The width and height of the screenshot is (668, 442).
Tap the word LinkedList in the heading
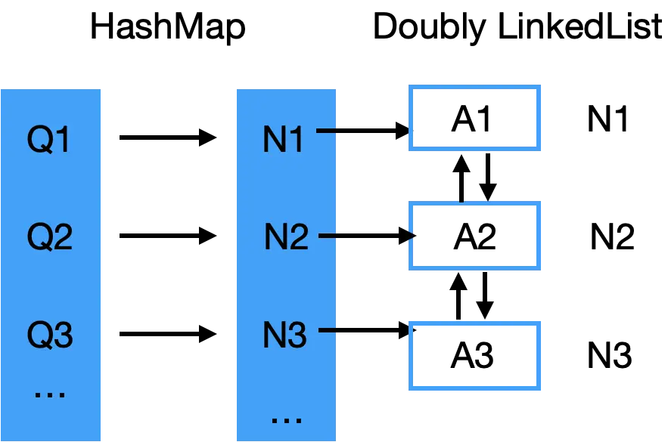(579, 26)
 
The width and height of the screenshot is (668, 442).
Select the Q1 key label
(48, 139)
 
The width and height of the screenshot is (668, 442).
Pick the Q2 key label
(50, 236)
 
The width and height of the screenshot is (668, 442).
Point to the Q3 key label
(50, 335)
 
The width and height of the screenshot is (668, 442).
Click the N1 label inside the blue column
(283, 139)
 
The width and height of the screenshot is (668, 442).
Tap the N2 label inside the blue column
(286, 236)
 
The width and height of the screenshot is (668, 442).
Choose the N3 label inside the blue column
(284, 335)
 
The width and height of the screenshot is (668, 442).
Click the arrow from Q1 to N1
(168, 138)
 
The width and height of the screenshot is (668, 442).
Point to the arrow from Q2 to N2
(168, 236)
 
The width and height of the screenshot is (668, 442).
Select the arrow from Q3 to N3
(168, 334)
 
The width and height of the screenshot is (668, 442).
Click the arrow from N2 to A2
(367, 235)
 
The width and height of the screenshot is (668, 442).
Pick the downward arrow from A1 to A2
(488, 177)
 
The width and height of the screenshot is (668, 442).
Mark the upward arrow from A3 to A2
(458, 295)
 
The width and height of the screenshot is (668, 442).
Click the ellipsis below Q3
(50, 395)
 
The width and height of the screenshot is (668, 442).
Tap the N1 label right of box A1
(607, 119)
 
